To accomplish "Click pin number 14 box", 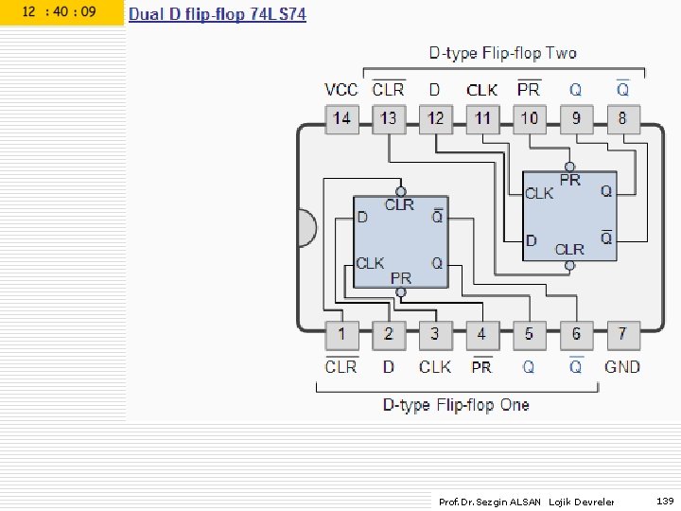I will [341, 119].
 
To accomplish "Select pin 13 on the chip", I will [389, 119].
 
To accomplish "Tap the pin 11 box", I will [482, 119].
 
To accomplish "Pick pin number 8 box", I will [622, 119].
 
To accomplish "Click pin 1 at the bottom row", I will [341, 335].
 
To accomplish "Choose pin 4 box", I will [481, 335].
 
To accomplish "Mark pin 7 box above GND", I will [622, 335].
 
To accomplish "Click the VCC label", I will [341, 90].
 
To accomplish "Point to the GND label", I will [622, 367].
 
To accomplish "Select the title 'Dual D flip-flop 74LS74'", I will [218, 14].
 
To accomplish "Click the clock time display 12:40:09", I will [59, 12].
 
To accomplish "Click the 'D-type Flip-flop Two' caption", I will [502, 54].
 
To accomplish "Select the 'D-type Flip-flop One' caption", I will [456, 405].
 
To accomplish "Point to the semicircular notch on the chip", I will [307, 228].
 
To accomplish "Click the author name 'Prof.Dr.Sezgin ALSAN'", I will [490, 502].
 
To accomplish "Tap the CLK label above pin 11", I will [482, 90].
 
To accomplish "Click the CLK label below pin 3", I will [435, 367].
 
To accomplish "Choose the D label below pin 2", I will [389, 367].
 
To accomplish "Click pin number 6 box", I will [576, 335].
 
